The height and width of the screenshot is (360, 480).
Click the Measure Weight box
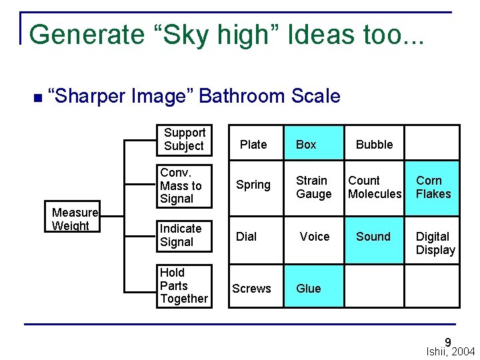click(75, 218)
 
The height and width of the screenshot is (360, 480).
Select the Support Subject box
click(184, 139)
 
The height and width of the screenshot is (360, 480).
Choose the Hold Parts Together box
click(184, 286)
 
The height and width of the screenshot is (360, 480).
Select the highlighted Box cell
click(314, 143)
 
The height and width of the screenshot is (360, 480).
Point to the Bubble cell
click(374, 143)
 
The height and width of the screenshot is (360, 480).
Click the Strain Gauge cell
click(314, 187)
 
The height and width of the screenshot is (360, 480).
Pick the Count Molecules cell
click(374, 187)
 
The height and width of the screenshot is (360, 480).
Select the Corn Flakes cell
click(433, 187)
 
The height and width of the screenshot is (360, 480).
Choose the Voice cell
click(314, 236)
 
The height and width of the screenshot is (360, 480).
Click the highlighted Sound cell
click(374, 236)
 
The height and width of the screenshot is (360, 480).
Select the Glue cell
click(314, 288)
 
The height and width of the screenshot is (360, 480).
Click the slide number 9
click(448, 342)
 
